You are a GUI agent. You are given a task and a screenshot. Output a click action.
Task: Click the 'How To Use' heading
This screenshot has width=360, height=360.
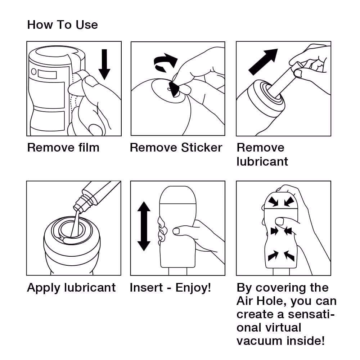point(62,25)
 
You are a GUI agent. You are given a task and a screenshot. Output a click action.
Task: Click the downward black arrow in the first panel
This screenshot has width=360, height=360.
point(104,64)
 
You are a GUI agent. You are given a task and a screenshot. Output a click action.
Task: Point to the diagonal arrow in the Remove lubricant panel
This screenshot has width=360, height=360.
point(263,62)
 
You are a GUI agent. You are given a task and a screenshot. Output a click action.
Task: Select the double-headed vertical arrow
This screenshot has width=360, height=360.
point(144,226)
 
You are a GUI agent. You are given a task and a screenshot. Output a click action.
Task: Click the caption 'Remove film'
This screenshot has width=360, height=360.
point(63,148)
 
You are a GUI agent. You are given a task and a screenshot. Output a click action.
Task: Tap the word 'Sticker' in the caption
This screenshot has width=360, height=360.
point(202,148)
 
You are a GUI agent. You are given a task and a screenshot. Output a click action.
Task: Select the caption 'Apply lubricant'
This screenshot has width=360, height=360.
point(71,288)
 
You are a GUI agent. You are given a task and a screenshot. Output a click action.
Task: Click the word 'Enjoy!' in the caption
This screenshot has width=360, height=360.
point(193,288)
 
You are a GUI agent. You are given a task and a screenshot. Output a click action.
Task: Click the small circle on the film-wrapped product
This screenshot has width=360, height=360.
point(33,72)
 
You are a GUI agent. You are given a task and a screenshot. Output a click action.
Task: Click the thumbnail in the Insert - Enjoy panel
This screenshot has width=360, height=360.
point(176,231)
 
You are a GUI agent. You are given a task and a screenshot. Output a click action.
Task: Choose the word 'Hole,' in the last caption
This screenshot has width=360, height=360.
point(271,301)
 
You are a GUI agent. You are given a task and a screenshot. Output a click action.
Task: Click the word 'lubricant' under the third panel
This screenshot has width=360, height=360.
point(262,161)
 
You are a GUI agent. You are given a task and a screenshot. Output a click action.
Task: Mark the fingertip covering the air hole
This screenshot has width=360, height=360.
point(279,221)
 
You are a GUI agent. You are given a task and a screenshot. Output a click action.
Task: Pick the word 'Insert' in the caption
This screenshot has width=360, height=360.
point(146,288)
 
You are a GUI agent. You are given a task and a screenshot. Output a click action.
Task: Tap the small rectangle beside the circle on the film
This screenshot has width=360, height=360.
point(47,75)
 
